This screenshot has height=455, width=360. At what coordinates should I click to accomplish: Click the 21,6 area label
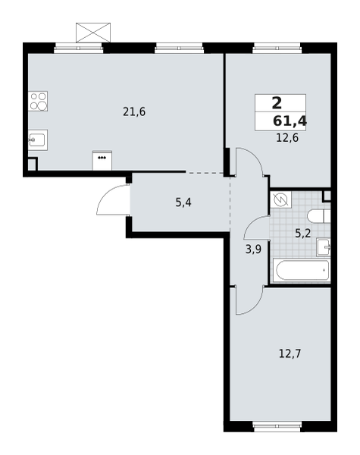(x=134, y=112)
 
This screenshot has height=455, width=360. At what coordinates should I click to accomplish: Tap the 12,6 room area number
(x=287, y=138)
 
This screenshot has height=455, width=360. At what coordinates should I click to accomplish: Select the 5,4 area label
(x=183, y=202)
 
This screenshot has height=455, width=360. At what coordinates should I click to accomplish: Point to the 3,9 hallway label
(x=253, y=248)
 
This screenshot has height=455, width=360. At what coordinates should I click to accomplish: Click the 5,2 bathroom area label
(x=302, y=233)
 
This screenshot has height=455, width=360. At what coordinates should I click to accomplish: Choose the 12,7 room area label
(x=290, y=353)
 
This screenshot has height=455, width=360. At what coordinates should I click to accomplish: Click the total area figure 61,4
(x=290, y=120)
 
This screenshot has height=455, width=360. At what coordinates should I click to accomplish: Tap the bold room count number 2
(x=277, y=104)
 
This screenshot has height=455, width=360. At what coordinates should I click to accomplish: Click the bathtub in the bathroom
(x=302, y=270)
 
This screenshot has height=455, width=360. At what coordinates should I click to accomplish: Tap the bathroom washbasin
(x=324, y=247)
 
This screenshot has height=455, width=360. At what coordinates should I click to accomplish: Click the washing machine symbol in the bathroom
(x=280, y=199)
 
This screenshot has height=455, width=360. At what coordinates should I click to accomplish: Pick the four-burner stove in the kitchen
(x=38, y=101)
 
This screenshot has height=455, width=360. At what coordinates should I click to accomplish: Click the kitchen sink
(x=37, y=140)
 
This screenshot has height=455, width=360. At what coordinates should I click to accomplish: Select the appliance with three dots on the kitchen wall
(x=102, y=160)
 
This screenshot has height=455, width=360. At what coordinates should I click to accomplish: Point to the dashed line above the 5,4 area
(x=206, y=173)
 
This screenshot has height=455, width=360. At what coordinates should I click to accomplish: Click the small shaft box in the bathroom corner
(x=327, y=196)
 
